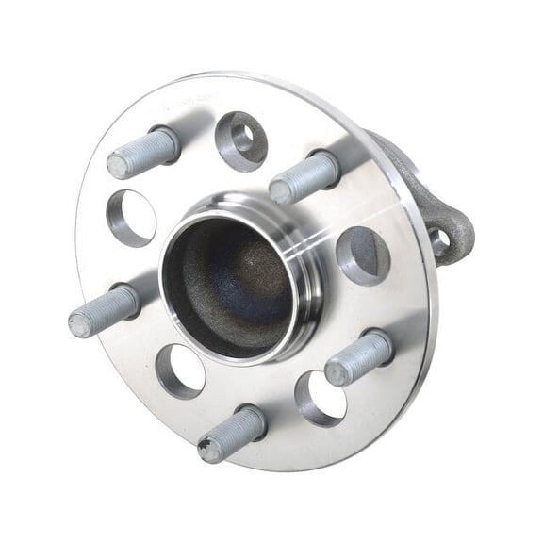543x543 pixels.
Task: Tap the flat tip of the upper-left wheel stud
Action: pyautogui.click(x=117, y=166)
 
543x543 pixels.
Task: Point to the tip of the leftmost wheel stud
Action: pyautogui.click(x=80, y=325)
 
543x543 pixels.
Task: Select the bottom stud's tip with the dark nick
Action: pyautogui.click(x=209, y=449)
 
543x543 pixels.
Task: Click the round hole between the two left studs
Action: pyautogui.click(x=130, y=218)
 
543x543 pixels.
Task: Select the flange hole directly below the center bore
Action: pyautogui.click(x=180, y=371)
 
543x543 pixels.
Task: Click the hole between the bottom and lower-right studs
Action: pyautogui.click(x=321, y=397)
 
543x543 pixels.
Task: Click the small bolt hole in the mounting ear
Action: pyautogui.click(x=440, y=240)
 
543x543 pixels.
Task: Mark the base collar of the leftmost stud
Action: pyautogui.click(x=126, y=302)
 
